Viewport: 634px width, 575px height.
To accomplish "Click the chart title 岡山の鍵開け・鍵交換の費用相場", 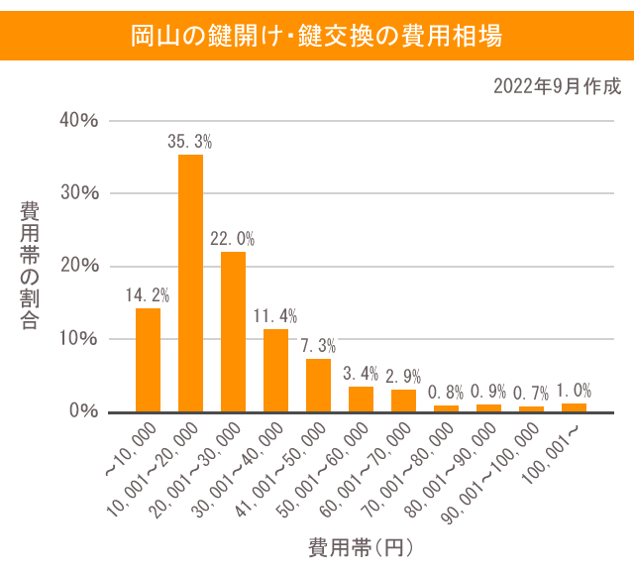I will click(317, 37).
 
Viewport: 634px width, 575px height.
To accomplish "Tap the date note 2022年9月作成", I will click(557, 86).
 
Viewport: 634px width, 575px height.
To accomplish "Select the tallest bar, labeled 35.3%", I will click(190, 283).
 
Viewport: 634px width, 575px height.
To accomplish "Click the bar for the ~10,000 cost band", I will click(148, 360).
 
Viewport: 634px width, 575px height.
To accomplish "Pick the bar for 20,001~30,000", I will click(233, 331).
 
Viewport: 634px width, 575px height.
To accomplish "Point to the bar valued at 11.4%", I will click(275, 370).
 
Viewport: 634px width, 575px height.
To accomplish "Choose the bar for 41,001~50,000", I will click(318, 385).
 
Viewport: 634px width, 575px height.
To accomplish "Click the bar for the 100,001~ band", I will click(574, 407).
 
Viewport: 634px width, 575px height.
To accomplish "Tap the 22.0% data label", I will click(233, 239).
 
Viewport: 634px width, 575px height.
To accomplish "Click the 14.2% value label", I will click(148, 294).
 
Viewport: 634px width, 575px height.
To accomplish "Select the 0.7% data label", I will click(531, 393).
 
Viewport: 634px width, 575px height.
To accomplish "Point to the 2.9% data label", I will click(403, 376).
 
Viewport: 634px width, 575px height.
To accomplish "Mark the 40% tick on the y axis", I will click(79, 121).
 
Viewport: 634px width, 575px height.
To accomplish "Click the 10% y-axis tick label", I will click(79, 338).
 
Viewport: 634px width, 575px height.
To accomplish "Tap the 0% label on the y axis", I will click(83, 411).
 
